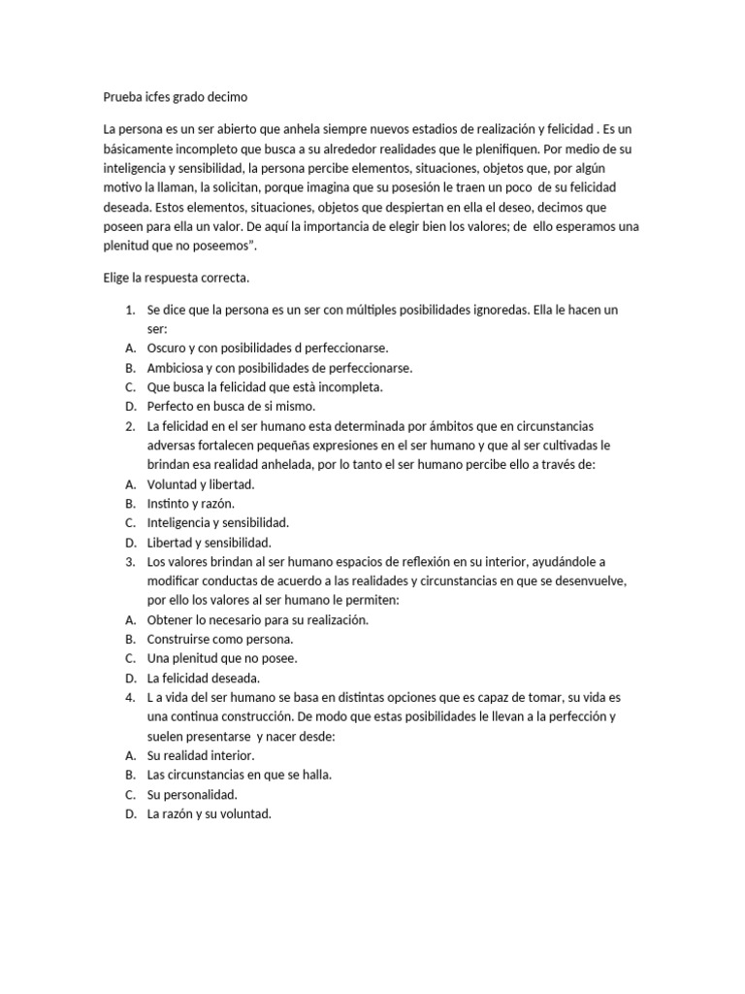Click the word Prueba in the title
(123, 97)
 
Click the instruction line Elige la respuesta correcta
(177, 278)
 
